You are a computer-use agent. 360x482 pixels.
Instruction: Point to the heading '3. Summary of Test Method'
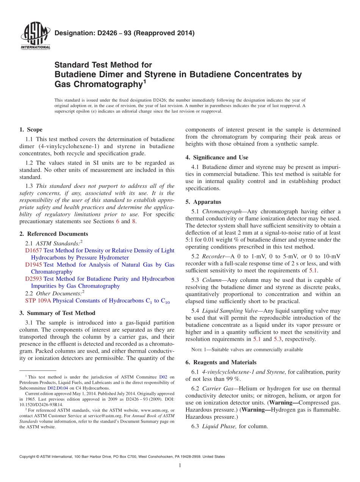(57, 313)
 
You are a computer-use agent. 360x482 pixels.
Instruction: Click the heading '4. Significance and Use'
(217, 157)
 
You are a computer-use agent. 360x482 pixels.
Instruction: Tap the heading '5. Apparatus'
(203, 202)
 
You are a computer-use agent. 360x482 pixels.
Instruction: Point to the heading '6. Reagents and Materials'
(221, 362)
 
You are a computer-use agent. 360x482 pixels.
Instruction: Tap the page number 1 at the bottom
(180, 465)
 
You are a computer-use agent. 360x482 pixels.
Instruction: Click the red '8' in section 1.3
(133, 222)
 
